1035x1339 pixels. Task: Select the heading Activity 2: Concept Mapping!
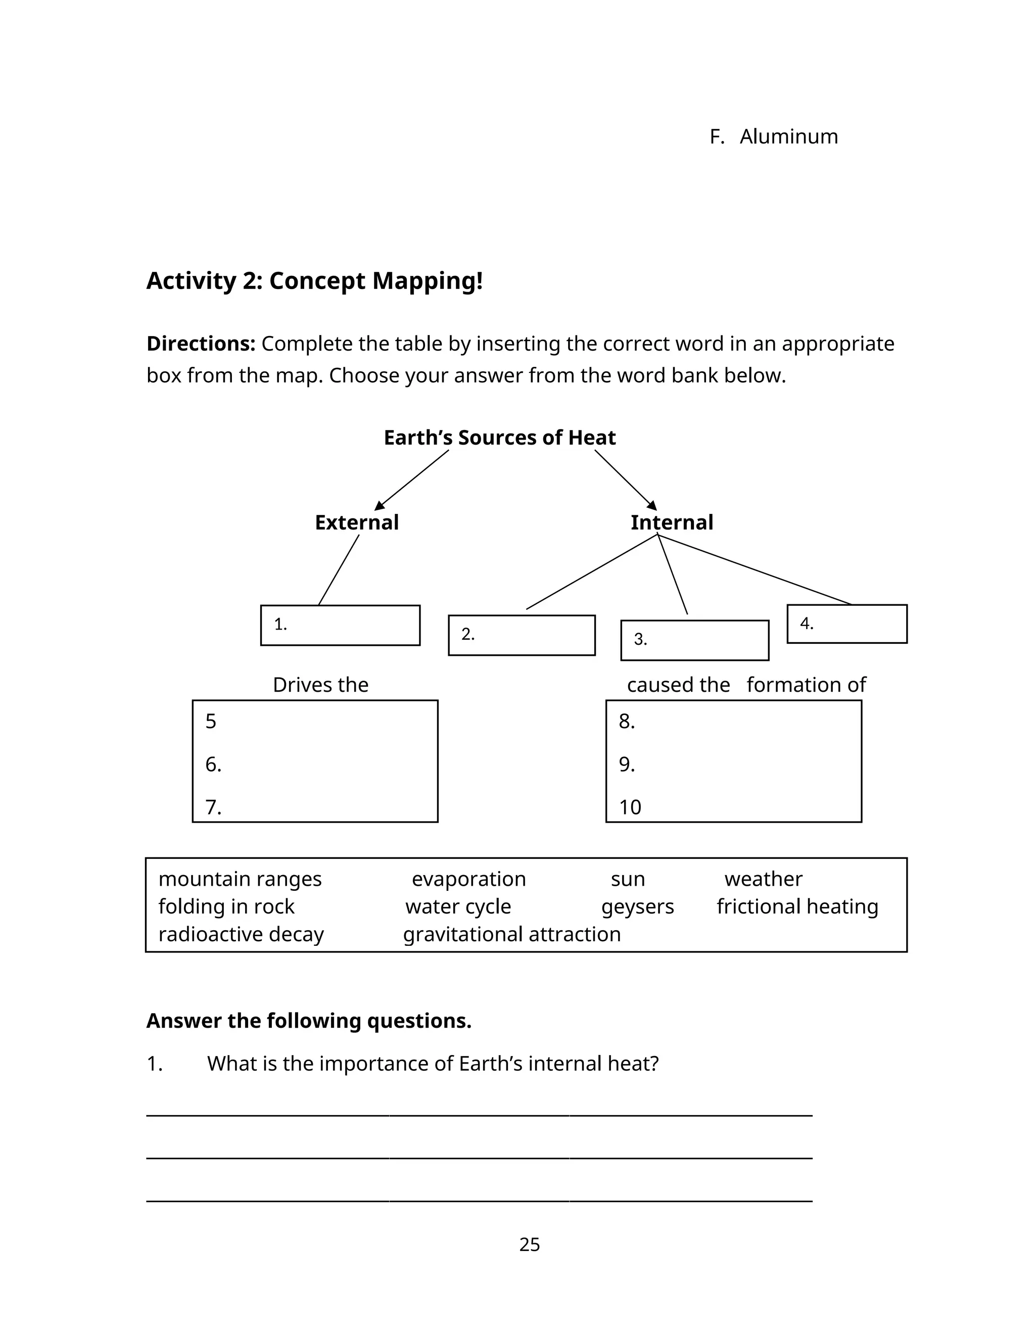314,281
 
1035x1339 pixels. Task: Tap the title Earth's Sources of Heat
499,438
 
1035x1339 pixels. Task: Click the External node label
356,522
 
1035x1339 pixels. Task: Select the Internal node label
672,522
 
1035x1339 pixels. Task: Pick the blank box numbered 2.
522,635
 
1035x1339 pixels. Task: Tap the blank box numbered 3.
695,640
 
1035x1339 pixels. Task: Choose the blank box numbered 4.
847,624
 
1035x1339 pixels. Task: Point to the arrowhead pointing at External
380,505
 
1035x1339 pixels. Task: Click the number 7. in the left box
213,807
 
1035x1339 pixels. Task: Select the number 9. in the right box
627,764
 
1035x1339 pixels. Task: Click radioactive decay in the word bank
241,934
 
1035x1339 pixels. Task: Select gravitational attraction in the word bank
511,934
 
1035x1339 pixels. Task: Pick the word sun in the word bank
627,879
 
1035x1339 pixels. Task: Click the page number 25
529,1244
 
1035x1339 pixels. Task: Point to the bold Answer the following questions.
308,1020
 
